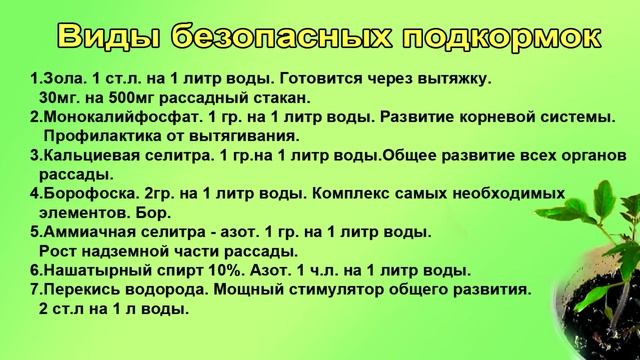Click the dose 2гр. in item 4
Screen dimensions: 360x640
[x=153, y=193]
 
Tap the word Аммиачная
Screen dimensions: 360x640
[x=84, y=232]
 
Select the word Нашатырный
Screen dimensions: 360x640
[x=90, y=271]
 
